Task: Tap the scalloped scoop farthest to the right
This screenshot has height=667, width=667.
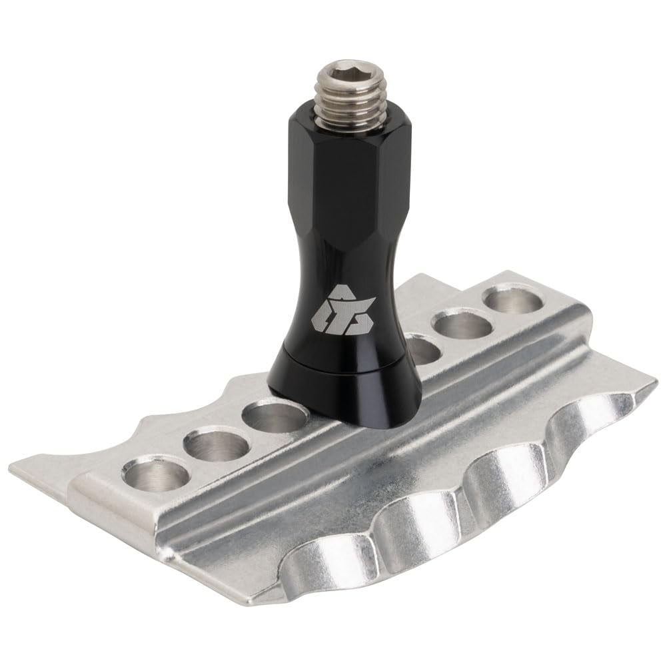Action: pyautogui.click(x=593, y=416)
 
